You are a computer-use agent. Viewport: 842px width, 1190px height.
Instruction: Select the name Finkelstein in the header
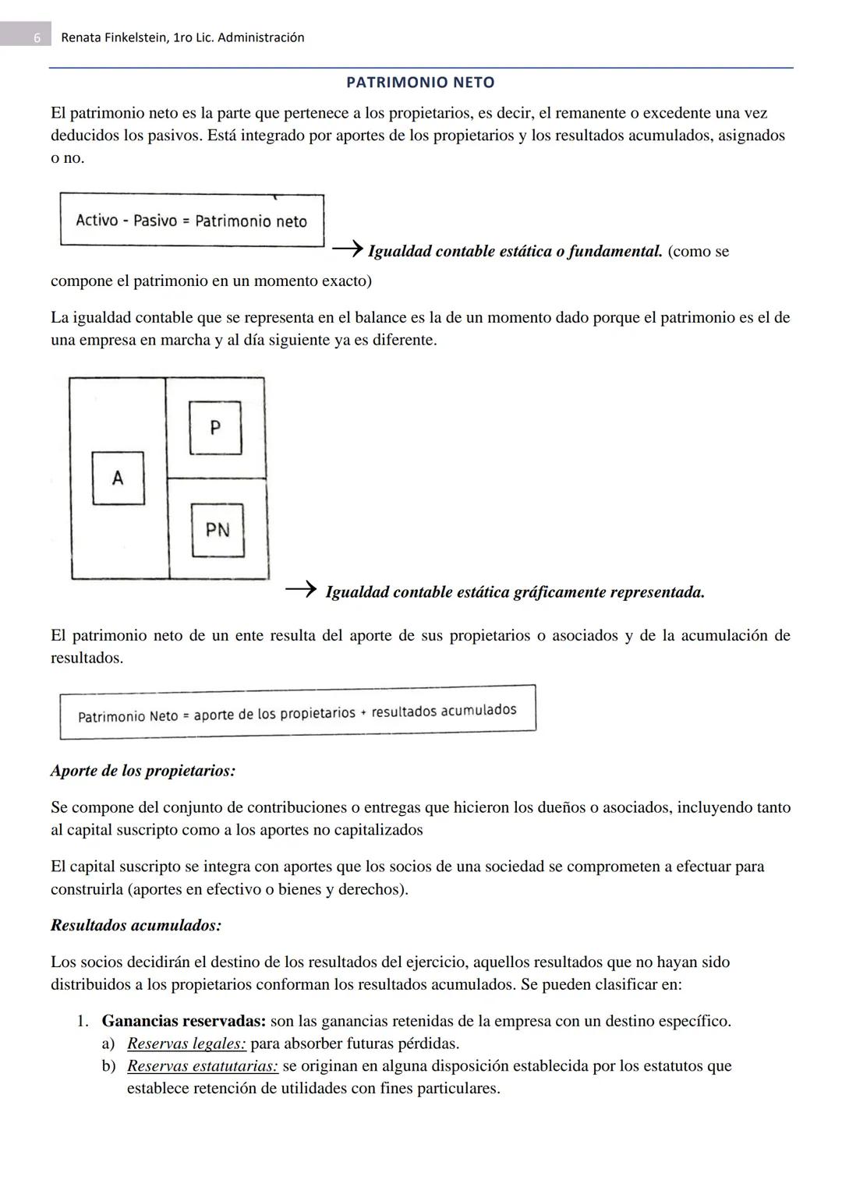pos(130,37)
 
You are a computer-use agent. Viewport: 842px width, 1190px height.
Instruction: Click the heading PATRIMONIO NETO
pos(420,82)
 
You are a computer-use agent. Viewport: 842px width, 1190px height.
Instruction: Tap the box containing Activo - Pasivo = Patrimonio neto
pos(192,221)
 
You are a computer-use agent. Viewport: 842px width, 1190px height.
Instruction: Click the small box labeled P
pos(215,427)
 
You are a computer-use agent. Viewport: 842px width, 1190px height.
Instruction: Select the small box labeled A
pos(118,478)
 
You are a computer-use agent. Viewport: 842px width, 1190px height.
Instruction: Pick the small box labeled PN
pos(218,530)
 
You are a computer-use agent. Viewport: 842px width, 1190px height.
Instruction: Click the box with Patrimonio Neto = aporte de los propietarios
pos(297,712)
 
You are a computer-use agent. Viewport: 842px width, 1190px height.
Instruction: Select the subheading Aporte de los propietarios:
pos(143,771)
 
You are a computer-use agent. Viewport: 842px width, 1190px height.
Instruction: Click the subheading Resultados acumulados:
pos(136,925)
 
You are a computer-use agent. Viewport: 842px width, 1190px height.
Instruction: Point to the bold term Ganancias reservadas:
pos(184,1021)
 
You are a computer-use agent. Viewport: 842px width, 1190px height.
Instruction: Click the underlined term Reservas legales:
pos(186,1043)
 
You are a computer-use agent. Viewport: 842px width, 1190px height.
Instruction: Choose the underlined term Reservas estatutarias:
pos(202,1066)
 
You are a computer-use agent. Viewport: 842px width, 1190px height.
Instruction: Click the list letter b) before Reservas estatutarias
pos(108,1066)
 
